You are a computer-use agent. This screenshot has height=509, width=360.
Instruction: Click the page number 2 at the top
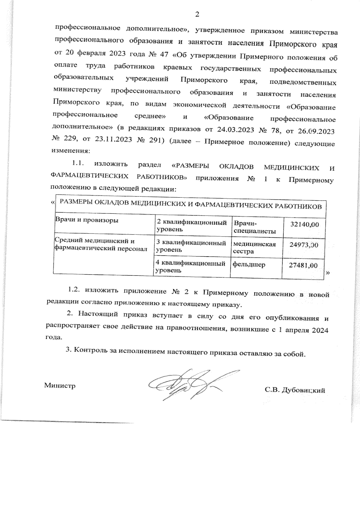[x=197, y=14]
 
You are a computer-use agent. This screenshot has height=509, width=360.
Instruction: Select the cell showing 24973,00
[x=304, y=245]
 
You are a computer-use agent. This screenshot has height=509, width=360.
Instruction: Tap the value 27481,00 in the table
[x=303, y=266]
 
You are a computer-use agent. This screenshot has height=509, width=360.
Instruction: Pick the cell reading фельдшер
[x=249, y=265]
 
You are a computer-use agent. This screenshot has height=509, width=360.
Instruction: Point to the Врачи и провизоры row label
[x=86, y=220]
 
